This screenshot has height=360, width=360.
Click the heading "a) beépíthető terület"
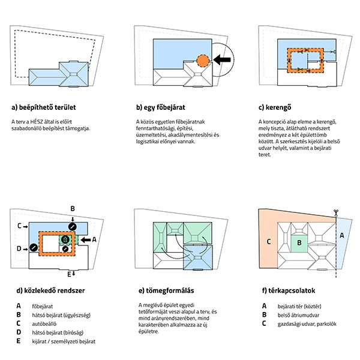click(x=44, y=107)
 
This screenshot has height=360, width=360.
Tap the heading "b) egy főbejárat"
click(x=160, y=107)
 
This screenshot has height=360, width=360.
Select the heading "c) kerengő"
click(x=275, y=107)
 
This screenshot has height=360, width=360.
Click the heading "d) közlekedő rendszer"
click(x=50, y=290)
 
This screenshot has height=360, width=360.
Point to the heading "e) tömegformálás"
click(x=166, y=290)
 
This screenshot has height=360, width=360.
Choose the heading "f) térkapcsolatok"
click(x=289, y=290)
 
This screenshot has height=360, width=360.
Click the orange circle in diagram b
click(x=203, y=61)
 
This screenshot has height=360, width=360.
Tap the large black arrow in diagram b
click(x=222, y=59)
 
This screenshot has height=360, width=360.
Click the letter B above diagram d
click(x=73, y=208)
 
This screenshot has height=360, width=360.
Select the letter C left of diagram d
click(x=20, y=226)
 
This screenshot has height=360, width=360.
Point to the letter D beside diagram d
click(x=19, y=248)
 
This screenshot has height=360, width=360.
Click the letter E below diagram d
click(x=69, y=274)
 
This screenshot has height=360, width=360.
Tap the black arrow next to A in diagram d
click(x=86, y=240)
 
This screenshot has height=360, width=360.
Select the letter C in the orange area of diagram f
click(x=269, y=242)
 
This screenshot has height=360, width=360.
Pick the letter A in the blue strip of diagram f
click(x=342, y=235)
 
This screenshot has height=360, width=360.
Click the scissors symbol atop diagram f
click(x=336, y=212)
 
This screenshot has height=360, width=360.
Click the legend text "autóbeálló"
click(x=44, y=324)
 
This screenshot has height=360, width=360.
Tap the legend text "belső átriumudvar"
click(x=298, y=315)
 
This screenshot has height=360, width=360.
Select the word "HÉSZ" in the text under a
click(x=37, y=122)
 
